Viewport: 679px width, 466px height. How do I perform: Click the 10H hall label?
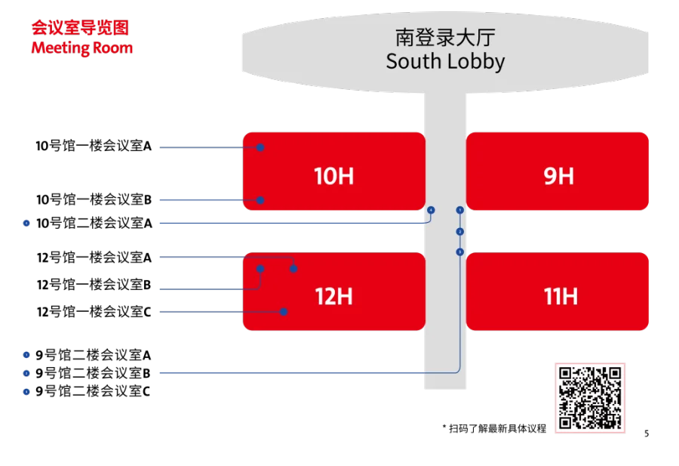point(333,176)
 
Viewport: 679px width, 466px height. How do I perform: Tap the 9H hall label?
point(558,176)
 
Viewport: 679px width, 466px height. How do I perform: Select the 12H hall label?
point(333,297)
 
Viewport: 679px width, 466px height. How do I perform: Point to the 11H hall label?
point(561,297)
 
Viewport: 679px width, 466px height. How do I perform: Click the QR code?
point(590,397)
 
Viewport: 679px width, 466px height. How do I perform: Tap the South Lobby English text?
point(445,62)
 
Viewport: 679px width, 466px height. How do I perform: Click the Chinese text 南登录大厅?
point(445,38)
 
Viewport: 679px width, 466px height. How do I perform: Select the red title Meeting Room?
point(81,48)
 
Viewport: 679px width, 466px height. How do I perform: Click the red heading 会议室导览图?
point(80,27)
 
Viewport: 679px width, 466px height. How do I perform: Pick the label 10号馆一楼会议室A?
point(94,146)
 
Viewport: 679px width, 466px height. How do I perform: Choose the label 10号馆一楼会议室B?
point(94,200)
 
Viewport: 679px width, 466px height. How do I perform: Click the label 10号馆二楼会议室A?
point(94,224)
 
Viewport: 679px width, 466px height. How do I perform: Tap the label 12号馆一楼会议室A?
point(94,258)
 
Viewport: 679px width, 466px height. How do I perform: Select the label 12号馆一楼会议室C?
point(94,312)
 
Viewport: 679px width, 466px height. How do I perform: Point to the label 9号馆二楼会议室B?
point(93,373)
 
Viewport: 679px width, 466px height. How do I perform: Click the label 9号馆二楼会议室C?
point(93,391)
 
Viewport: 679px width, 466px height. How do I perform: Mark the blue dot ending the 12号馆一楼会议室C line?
point(284,312)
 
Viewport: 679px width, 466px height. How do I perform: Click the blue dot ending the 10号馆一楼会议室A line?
point(260,147)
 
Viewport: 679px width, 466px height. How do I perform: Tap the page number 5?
point(647,434)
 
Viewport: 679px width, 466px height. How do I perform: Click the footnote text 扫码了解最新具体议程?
point(498,429)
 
